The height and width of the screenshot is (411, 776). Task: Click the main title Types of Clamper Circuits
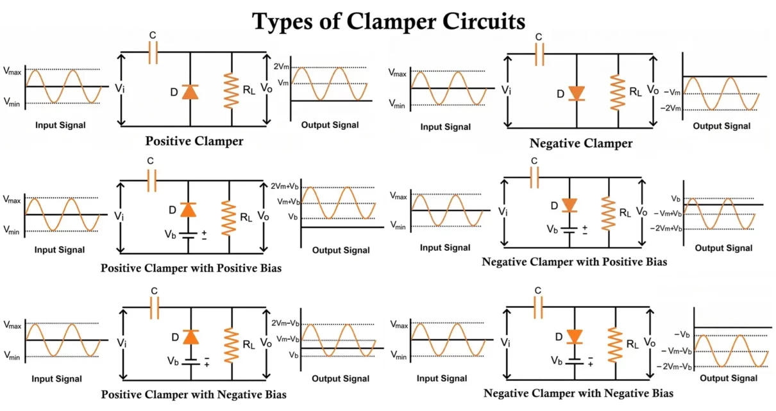(x=389, y=21)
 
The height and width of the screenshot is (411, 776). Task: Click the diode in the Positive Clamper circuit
(x=190, y=92)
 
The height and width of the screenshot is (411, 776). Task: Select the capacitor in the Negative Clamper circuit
(x=539, y=55)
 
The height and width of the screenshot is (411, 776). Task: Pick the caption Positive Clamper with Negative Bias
(x=194, y=394)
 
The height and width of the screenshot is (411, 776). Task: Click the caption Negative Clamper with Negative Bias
(x=578, y=392)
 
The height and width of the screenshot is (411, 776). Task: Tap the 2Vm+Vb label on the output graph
(x=285, y=186)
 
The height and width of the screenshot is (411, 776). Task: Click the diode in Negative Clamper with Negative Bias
(x=574, y=337)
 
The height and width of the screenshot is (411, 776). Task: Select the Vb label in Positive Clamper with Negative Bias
(x=173, y=361)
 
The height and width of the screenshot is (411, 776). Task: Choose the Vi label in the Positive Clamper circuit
(x=119, y=89)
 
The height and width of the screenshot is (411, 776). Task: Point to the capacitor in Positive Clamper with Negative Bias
(x=154, y=310)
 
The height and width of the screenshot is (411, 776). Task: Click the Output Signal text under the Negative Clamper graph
(x=721, y=126)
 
